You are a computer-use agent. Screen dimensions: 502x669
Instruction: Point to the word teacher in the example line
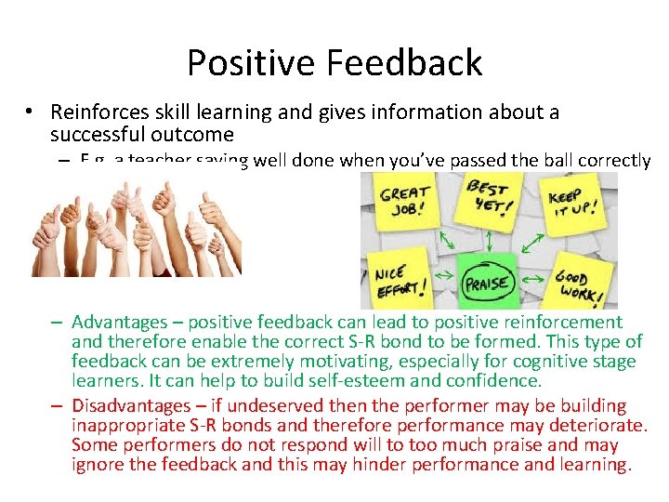[157, 161]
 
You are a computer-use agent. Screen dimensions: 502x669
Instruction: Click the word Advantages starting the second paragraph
[119, 323]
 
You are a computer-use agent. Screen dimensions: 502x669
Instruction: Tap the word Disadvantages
[130, 406]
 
